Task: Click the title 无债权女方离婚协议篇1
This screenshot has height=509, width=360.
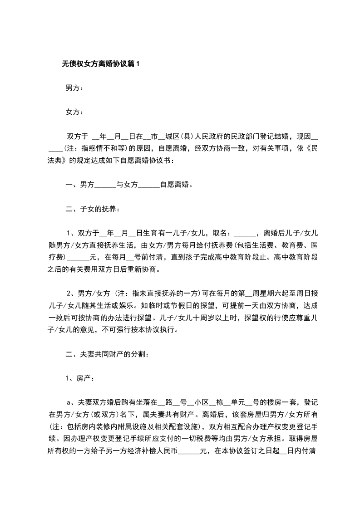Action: click(101, 64)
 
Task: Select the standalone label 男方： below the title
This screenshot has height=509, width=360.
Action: click(74, 88)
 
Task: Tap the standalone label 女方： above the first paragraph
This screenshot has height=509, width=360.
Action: click(74, 112)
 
